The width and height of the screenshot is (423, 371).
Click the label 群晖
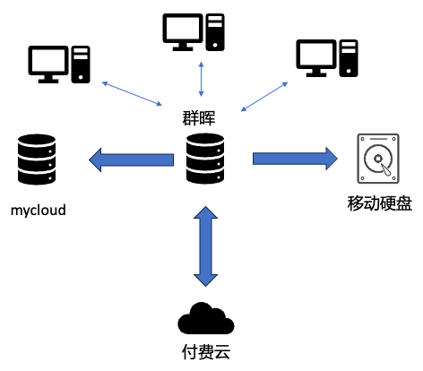199,117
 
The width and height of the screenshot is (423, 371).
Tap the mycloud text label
39,210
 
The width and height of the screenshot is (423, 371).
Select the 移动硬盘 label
380,203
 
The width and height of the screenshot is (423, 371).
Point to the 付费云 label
206,351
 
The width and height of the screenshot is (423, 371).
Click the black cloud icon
206,318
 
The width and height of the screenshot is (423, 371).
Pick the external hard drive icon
378,159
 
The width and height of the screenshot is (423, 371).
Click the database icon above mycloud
37,160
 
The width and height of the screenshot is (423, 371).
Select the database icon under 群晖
205,159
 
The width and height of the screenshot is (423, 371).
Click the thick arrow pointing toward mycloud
131,160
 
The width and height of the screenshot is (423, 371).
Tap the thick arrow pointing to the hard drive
295,159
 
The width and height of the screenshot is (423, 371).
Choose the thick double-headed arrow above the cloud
205,246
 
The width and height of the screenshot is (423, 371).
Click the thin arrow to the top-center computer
202,79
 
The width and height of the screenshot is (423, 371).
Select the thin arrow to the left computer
132,93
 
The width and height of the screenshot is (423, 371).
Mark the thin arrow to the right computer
264,97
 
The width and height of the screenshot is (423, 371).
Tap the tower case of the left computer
81,65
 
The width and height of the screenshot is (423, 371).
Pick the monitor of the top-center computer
183,32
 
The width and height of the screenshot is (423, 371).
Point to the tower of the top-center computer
215,32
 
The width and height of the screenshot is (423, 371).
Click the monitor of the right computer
316,58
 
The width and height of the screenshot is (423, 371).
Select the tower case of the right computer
349,58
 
